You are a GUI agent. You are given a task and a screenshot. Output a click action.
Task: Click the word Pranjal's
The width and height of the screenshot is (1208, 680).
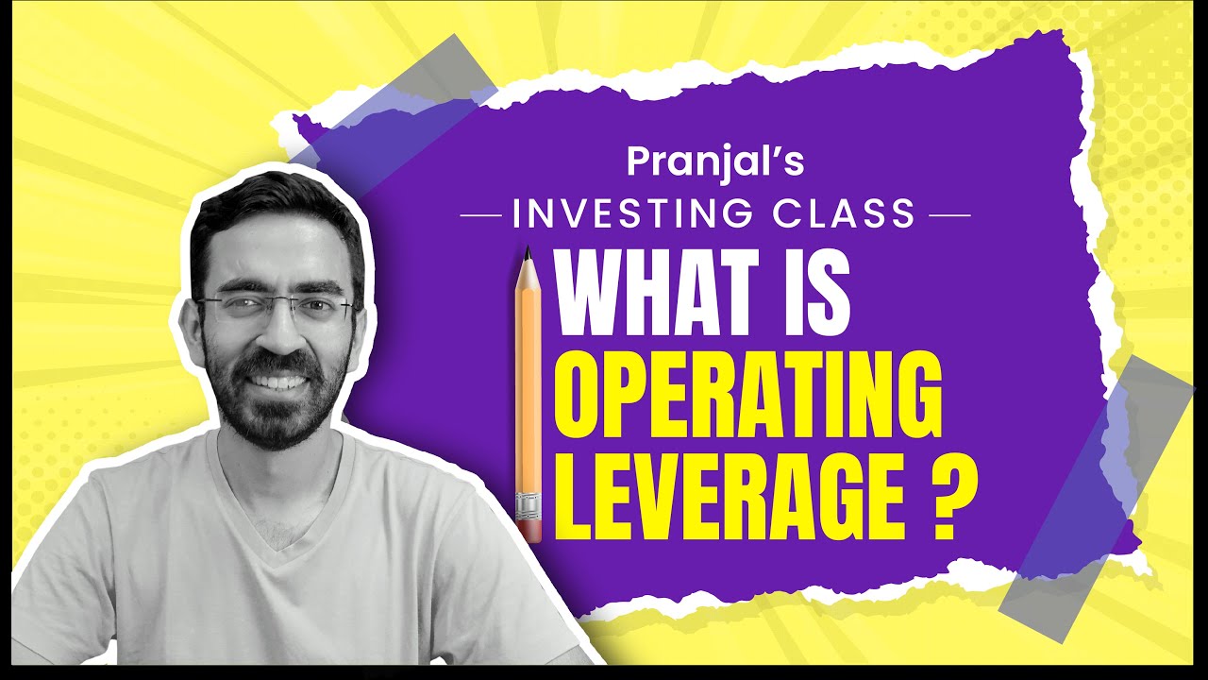point(715,161)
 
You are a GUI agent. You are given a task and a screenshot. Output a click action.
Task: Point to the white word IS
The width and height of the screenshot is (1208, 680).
point(818,297)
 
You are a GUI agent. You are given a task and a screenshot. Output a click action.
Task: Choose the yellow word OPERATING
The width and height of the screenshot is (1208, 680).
point(747,395)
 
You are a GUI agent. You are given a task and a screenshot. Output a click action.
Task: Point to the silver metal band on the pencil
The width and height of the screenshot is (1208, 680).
point(529,507)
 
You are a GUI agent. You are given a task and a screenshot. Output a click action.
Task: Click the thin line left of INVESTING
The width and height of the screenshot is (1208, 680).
point(480,214)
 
